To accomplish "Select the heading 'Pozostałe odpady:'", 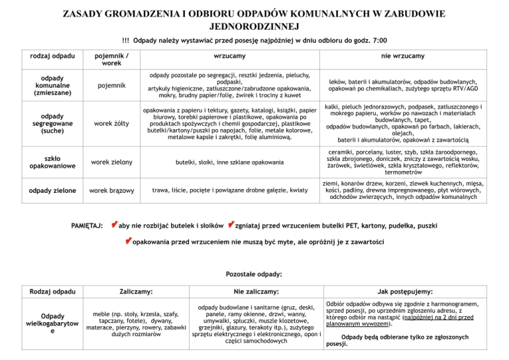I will pyautogui.click(x=254, y=274).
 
